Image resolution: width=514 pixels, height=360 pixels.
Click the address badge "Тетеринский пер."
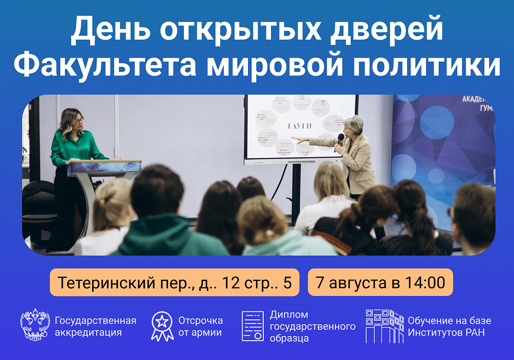point(174,283)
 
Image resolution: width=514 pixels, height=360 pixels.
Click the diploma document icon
point(252,326)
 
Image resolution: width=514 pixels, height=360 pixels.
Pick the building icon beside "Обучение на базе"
point(384,326)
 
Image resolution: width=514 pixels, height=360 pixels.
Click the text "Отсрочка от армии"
point(200,327)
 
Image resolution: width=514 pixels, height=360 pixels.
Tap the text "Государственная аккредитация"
point(95,327)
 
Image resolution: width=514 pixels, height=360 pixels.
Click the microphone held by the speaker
point(340,139)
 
